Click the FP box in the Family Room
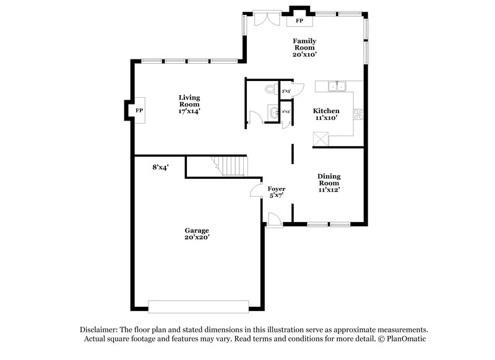[299, 21]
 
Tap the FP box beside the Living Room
[139, 110]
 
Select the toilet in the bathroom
[269, 90]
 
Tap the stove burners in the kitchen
[357, 113]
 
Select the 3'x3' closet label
[286, 92]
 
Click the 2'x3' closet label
[286, 112]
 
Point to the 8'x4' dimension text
[161, 167]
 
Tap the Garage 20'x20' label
[196, 233]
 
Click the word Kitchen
[326, 111]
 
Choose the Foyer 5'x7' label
[275, 192]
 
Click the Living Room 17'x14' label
[189, 104]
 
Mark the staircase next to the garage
[230, 166]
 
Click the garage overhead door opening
[198, 306]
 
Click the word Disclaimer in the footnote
[100, 330]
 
